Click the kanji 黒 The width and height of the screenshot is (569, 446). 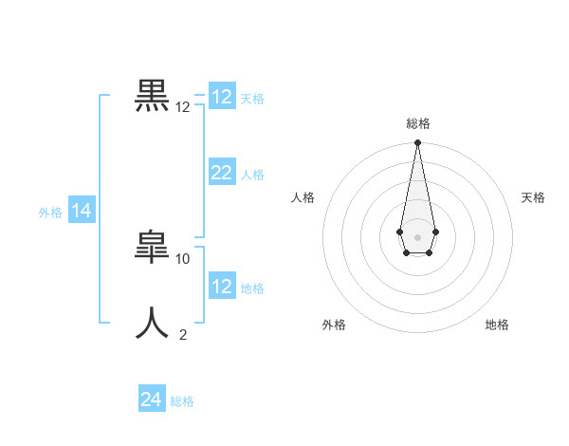point(154,97)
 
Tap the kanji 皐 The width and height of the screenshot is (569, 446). point(154,249)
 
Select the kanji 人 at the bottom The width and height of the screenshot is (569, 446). point(154,323)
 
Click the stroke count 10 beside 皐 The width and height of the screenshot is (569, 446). point(183,258)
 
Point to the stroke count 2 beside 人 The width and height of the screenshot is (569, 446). point(183,334)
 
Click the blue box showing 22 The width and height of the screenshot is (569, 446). point(222,172)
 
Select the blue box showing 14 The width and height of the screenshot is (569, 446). point(82,211)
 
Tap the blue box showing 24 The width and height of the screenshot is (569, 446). point(152,400)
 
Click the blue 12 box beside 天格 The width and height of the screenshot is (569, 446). point(222,97)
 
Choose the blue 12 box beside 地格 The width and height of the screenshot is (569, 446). point(222,286)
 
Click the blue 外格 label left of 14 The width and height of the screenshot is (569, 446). point(50,213)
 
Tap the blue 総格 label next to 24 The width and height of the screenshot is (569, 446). point(182,401)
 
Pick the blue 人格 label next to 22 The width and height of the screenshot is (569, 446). point(252,175)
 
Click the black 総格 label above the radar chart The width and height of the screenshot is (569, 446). point(418,123)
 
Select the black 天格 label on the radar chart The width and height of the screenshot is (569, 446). point(533,197)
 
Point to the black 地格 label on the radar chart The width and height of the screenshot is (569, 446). point(497,325)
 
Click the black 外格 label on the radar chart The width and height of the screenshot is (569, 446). point(334,325)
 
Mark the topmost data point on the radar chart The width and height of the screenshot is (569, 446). point(417,143)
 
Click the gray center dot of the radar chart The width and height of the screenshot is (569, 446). point(417,235)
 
